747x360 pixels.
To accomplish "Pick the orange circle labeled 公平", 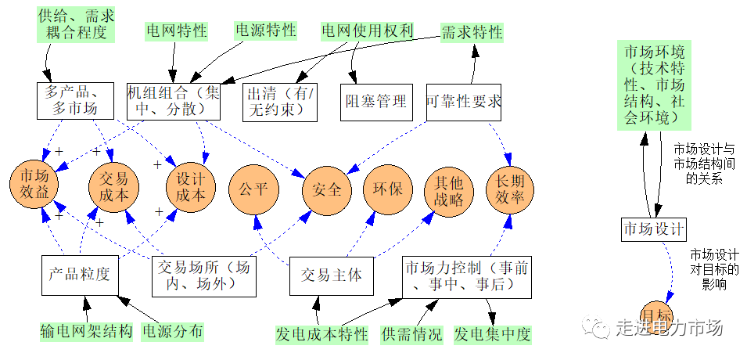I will pyautogui.click(x=253, y=189).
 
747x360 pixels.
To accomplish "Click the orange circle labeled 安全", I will pyautogui.click(x=326, y=189).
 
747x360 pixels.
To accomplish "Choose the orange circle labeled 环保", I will pyautogui.click(x=387, y=189).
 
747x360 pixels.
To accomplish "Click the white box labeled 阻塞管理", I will pyautogui.click(x=375, y=101).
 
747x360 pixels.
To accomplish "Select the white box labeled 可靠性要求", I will pyautogui.click(x=464, y=101).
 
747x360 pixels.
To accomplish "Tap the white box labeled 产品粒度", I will pyautogui.click(x=79, y=275).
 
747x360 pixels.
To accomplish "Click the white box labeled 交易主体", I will pyautogui.click(x=332, y=275).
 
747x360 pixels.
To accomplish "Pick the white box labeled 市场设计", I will pyautogui.click(x=654, y=229).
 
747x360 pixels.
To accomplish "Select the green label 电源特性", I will pyautogui.click(x=266, y=31).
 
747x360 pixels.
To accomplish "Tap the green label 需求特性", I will pyautogui.click(x=472, y=32).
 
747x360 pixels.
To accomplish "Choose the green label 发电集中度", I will pyautogui.click(x=493, y=335).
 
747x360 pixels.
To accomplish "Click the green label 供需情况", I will pyautogui.click(x=411, y=335).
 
